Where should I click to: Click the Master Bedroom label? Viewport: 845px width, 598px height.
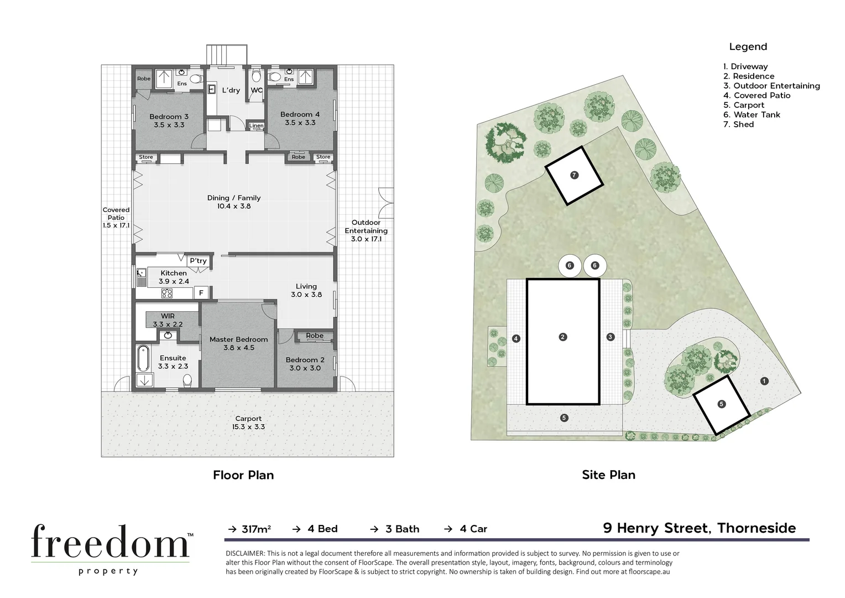pos(238,343)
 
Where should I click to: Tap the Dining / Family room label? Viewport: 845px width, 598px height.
pos(233,202)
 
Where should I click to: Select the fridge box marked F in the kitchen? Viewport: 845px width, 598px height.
pos(201,293)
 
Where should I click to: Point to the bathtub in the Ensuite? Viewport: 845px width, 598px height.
pos(143,358)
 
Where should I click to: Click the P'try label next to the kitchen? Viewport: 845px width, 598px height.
pos(198,261)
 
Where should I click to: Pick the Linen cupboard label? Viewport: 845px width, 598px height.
pos(257,126)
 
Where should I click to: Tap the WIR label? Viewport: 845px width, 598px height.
pos(168,320)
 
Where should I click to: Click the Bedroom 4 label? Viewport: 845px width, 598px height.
pos(300,118)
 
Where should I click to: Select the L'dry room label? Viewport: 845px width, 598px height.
pos(231,90)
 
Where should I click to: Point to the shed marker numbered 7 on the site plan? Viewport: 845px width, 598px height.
pos(574,175)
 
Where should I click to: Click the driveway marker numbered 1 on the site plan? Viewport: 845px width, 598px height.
pos(764,381)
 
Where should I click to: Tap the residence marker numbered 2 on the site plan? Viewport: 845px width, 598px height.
pos(562,337)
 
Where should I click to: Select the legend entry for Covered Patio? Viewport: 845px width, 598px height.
pos(757,95)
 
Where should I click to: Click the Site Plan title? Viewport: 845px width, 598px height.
pos(608,475)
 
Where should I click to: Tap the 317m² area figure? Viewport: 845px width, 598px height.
pos(256,529)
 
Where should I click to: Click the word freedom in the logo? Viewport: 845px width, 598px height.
pos(110,542)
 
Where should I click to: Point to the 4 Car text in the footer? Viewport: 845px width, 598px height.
pos(473,529)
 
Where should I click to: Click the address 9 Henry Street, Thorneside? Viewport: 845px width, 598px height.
pos(699,528)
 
